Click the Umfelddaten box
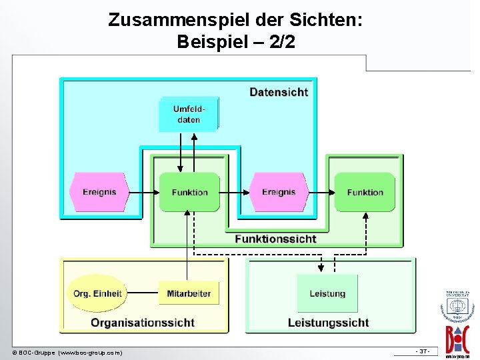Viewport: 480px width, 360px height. pyautogui.click(x=189, y=115)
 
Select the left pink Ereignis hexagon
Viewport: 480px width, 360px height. pyautogui.click(x=99, y=192)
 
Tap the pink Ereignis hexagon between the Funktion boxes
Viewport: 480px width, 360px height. pyautogui.click(x=278, y=192)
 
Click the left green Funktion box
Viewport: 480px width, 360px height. pyautogui.click(x=189, y=192)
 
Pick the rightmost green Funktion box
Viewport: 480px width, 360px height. pyautogui.click(x=365, y=192)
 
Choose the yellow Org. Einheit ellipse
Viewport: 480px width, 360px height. pyautogui.click(x=97, y=293)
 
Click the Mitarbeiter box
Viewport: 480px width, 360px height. pyautogui.click(x=189, y=293)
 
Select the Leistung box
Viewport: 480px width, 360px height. pyautogui.click(x=327, y=293)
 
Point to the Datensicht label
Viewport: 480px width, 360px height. pyautogui.click(x=279, y=92)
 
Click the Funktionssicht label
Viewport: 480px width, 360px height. pyautogui.click(x=275, y=239)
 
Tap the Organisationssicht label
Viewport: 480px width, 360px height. pyautogui.click(x=143, y=323)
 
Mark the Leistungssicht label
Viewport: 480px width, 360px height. pyautogui.click(x=328, y=323)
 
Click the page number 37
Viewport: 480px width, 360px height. pyautogui.click(x=423, y=351)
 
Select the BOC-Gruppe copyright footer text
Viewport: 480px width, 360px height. pyautogui.click(x=67, y=352)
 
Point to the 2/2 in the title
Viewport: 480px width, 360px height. pyautogui.click(x=281, y=42)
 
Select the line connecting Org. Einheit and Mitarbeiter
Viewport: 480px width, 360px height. pyautogui.click(x=143, y=293)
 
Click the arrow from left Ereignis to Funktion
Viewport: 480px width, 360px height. pyautogui.click(x=143, y=193)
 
